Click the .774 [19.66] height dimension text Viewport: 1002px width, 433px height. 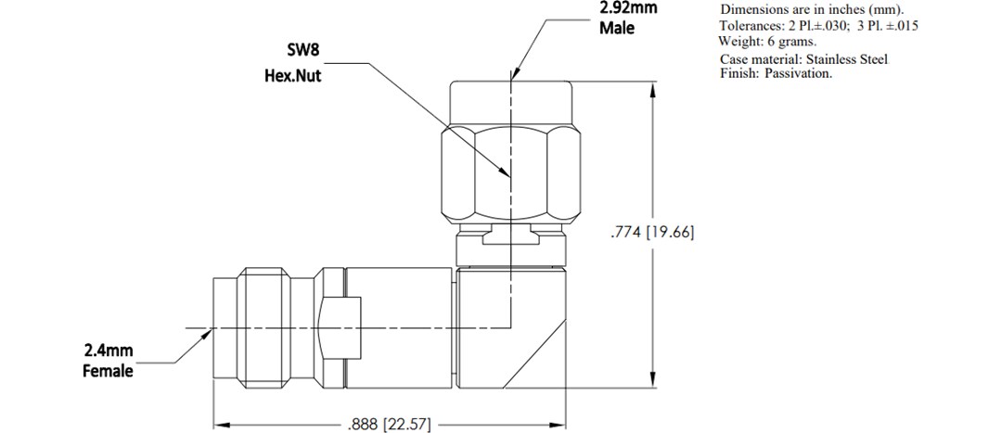[651, 232]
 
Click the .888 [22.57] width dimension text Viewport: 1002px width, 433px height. [389, 425]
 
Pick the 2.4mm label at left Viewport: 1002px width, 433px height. [108, 350]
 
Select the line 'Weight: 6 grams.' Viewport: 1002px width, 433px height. [766, 41]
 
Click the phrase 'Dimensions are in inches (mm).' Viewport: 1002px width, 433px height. [812, 9]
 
